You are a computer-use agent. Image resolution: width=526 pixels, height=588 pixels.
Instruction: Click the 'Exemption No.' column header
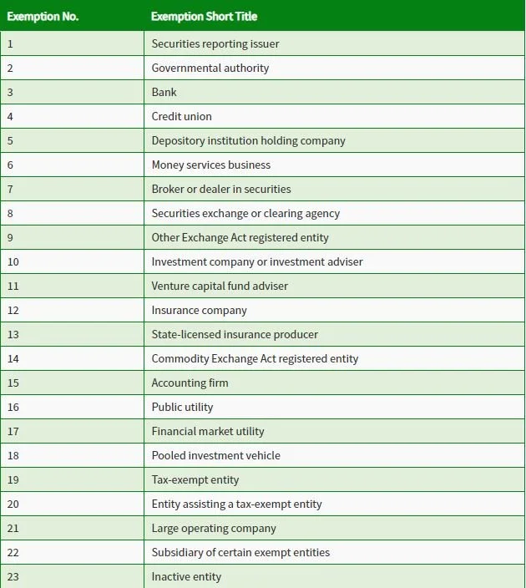43,17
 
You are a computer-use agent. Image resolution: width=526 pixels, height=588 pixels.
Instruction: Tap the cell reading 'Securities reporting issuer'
215,43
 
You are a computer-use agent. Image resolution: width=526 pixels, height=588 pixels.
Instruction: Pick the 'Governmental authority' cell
210,68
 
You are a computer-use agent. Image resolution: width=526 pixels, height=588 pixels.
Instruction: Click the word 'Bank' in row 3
164,92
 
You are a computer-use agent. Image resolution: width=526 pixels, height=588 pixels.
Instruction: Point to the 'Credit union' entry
182,116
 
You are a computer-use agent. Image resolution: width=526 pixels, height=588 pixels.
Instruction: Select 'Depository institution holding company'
248,140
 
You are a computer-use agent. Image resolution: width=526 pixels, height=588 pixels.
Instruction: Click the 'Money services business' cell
211,165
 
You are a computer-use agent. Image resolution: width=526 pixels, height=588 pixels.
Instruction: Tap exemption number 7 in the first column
10,189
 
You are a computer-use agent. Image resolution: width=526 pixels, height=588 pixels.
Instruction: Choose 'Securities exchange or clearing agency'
245,213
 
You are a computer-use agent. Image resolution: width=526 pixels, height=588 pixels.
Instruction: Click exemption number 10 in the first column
13,261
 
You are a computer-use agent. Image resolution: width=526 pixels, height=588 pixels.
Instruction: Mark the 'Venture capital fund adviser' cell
220,286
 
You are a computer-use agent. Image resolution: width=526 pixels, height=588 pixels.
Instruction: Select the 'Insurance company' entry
200,310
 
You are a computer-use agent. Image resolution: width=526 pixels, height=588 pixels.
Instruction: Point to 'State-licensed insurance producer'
235,334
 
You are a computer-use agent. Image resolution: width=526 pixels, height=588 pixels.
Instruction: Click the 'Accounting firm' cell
190,383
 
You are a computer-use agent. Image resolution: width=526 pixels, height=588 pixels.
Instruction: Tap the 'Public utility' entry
182,407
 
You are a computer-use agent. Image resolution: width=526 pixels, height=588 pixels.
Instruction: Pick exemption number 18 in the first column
13,455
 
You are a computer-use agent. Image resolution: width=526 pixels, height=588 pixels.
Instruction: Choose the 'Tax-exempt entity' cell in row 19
195,479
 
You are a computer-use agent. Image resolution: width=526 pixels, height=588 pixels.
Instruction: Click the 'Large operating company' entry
214,528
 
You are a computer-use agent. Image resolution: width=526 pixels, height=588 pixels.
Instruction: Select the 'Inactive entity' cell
186,576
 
